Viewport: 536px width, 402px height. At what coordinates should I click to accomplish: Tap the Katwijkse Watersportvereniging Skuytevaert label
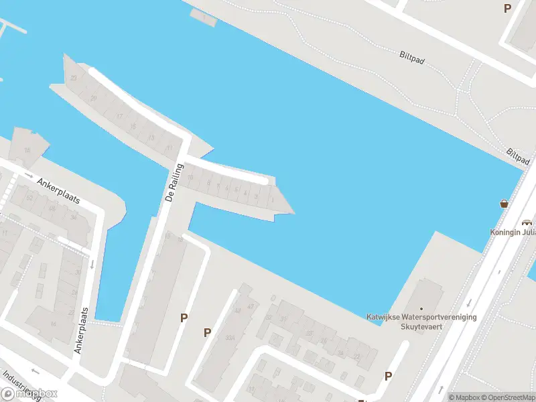(x=421, y=320)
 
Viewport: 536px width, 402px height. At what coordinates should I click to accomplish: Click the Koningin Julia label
(x=513, y=233)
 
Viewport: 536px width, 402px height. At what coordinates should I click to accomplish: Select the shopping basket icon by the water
(x=504, y=204)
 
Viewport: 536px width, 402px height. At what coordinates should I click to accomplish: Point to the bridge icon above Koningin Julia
(x=527, y=222)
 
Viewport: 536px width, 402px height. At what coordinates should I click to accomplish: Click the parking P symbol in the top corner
(x=507, y=9)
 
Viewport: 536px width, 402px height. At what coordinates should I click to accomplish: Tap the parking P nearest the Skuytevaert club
(x=388, y=377)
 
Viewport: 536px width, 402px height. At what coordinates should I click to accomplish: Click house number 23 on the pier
(x=73, y=78)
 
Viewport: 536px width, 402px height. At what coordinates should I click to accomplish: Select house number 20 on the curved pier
(x=94, y=98)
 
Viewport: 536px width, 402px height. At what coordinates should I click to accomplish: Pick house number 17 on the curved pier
(x=119, y=117)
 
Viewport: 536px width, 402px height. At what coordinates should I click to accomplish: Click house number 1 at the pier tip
(x=273, y=199)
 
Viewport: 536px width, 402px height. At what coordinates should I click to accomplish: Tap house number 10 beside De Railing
(x=190, y=178)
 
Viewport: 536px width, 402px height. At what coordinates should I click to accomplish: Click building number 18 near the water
(x=27, y=150)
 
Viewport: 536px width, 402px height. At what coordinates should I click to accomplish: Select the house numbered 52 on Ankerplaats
(x=29, y=198)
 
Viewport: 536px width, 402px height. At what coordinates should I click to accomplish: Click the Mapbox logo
(x=30, y=394)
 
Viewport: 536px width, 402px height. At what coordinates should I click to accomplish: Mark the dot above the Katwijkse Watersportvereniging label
(x=421, y=309)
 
